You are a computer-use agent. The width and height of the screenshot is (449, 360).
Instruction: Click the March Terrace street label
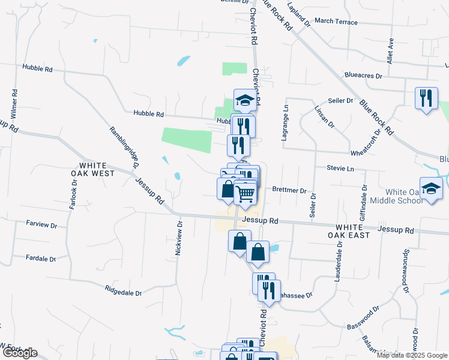click(x=336, y=22)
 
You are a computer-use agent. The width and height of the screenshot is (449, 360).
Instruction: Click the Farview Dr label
click(x=41, y=225)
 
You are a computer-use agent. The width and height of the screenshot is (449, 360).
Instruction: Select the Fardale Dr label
click(x=41, y=259)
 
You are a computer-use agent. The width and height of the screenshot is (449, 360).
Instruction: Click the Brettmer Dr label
click(x=289, y=190)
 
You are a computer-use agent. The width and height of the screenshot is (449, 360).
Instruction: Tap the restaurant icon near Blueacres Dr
click(x=426, y=98)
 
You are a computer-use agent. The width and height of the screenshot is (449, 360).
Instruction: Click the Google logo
click(x=19, y=353)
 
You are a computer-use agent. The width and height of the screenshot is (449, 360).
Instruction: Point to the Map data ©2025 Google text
click(x=412, y=355)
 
